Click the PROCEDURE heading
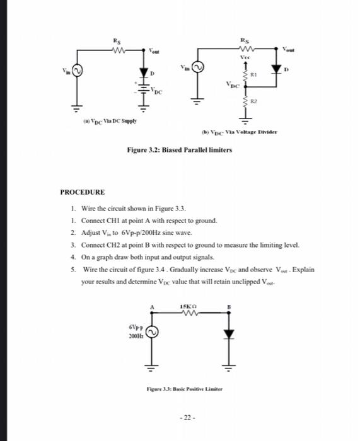click(x=82, y=192)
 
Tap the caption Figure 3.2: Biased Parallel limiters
click(x=180, y=150)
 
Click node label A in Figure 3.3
click(x=151, y=307)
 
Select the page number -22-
click(x=180, y=418)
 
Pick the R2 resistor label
click(x=255, y=100)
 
